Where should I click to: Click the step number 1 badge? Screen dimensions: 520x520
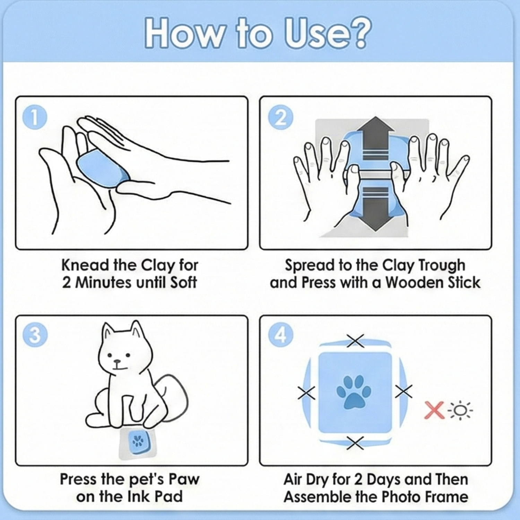[35, 118]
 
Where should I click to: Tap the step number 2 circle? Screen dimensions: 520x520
[281, 118]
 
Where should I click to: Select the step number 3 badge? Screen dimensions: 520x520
[35, 335]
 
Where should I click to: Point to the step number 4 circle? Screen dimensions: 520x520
[281, 335]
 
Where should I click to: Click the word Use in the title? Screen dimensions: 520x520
[314, 34]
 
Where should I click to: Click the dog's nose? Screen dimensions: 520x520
[118, 362]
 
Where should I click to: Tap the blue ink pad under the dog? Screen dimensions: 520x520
[138, 442]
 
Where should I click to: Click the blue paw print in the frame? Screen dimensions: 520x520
[354, 392]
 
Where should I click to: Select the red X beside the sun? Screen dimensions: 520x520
[434, 410]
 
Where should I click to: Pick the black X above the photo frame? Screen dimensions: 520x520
[355, 341]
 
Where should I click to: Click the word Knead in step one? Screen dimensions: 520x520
[85, 266]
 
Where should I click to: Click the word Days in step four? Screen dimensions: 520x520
[383, 479]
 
